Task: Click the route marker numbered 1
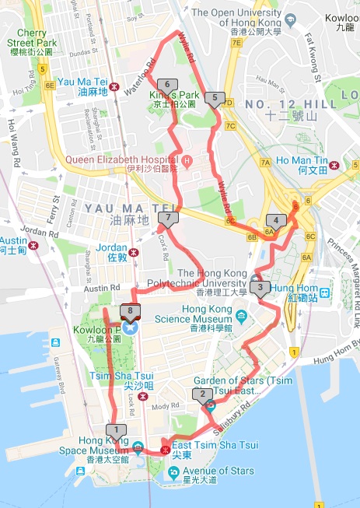(x=116, y=429)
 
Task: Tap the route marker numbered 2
(x=203, y=394)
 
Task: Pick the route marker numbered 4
(x=275, y=220)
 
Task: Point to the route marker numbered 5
(x=215, y=98)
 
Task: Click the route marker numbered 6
(x=166, y=85)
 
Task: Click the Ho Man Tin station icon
(x=334, y=164)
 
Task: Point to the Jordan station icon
(x=134, y=251)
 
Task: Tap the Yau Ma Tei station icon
(x=114, y=86)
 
